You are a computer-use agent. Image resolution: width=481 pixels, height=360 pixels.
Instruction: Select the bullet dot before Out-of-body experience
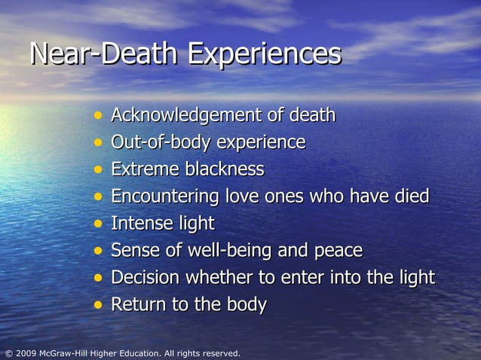(x=98, y=142)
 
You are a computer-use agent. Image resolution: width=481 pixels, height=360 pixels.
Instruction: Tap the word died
(x=410, y=197)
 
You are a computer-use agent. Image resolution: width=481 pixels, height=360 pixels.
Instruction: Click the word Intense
(x=142, y=224)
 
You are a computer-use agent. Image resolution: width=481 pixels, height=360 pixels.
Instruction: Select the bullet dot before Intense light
(x=98, y=224)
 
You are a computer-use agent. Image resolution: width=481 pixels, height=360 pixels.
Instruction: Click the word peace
(x=338, y=251)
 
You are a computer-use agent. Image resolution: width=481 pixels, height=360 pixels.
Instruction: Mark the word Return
(x=138, y=305)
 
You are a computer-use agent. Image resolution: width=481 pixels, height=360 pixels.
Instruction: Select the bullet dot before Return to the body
(x=98, y=305)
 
